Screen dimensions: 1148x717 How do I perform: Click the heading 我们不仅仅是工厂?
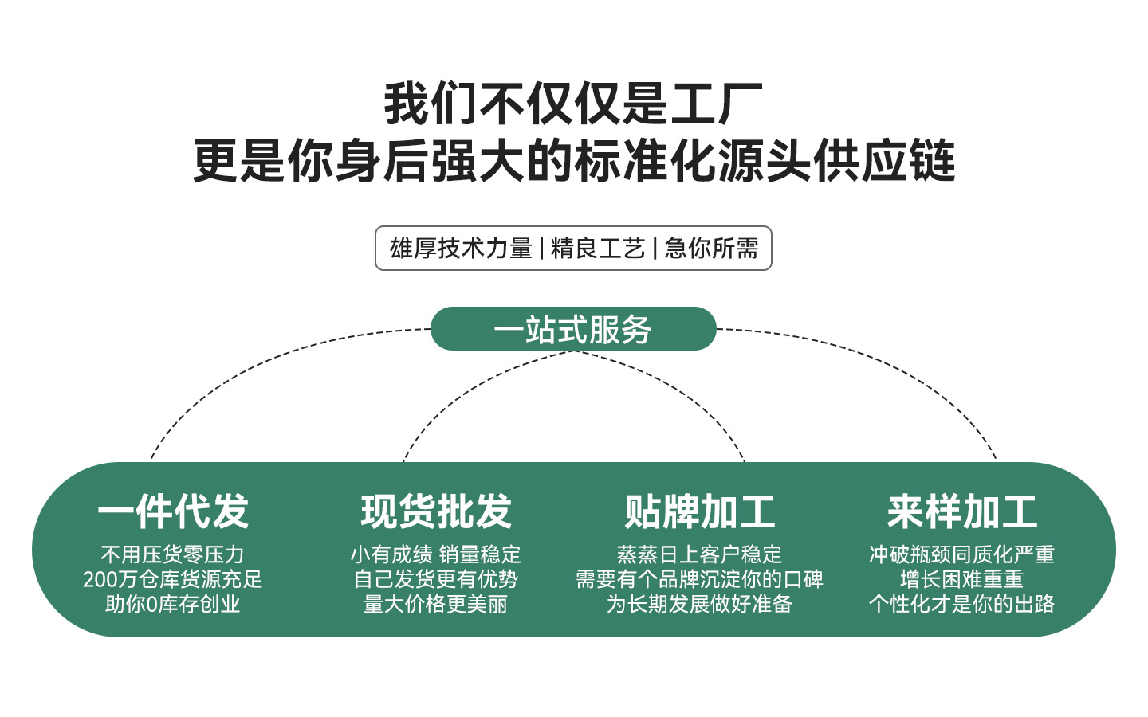point(573,104)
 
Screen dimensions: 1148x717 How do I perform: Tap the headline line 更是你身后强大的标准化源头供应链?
point(574,161)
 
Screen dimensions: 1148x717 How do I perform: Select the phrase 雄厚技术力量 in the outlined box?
point(461,249)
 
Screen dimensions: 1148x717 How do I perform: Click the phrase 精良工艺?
point(598,249)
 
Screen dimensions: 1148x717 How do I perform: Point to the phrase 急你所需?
point(711,249)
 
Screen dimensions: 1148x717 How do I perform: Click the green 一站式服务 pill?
point(573,329)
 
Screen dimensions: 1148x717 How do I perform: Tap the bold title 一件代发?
point(173,511)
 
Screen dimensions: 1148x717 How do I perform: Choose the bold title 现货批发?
point(436,511)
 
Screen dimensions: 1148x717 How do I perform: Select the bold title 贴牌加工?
point(700,511)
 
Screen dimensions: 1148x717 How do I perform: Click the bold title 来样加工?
point(962,511)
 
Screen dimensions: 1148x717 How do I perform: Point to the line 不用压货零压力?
point(172,554)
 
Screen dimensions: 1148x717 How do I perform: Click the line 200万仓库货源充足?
point(172,579)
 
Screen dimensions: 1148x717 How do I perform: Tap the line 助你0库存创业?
point(172,605)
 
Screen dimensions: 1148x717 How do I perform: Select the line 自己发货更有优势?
point(435,579)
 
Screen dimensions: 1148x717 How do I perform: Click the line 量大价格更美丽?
point(435,605)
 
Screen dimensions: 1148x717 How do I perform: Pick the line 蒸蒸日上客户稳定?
point(699,554)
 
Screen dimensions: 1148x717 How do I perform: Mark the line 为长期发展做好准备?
point(699,605)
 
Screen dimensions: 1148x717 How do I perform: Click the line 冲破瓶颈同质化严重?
point(962,554)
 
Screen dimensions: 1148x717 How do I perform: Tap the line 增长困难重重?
point(962,579)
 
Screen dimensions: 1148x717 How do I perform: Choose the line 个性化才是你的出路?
point(962,605)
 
